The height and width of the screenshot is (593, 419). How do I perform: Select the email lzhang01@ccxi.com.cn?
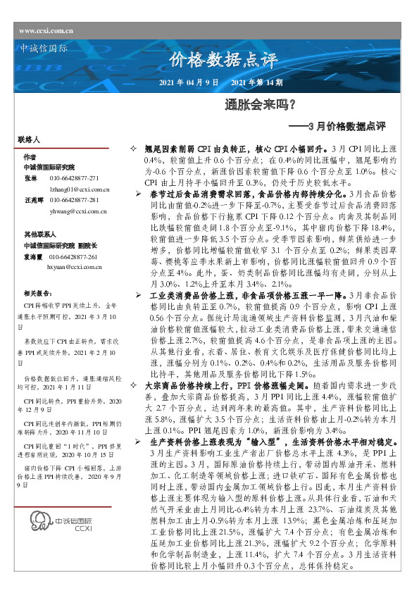click(78, 189)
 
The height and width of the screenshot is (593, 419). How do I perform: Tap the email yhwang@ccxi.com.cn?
click(77, 211)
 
